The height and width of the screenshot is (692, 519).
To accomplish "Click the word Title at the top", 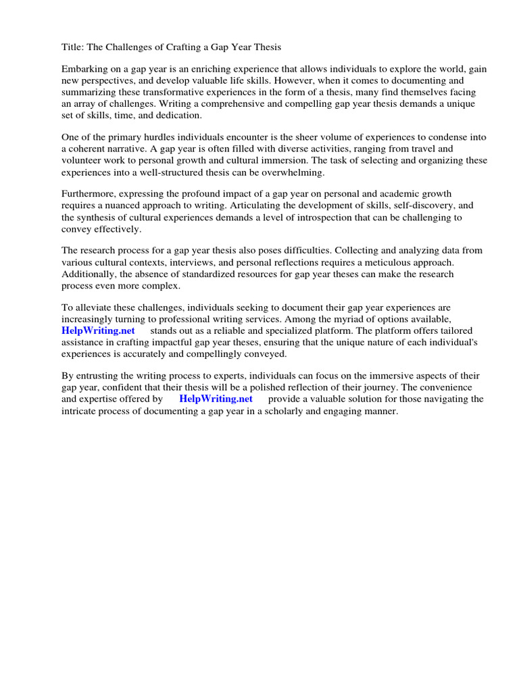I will [73, 47].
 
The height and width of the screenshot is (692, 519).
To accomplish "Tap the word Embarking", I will [85, 70].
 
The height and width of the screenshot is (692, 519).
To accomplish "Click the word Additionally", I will [90, 274].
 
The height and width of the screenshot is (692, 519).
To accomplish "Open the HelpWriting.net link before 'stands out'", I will [99, 330].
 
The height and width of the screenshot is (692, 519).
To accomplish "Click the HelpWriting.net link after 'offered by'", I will [216, 399].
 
